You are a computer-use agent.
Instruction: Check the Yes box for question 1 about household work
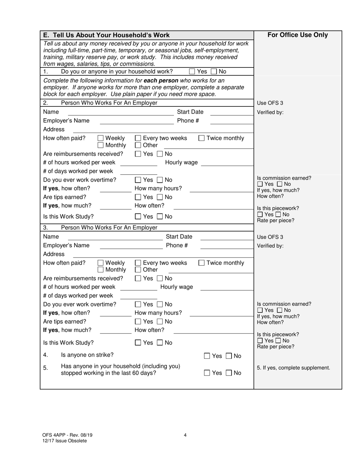[192, 71]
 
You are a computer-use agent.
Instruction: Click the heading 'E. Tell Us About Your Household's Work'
[106, 35]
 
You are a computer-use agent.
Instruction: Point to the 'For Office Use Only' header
[297, 35]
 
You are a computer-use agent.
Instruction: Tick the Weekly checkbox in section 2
[101, 138]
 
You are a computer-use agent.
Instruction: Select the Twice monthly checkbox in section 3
[202, 263]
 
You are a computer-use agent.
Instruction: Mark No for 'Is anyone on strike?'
[229, 356]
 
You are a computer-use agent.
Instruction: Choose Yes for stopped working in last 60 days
[207, 373]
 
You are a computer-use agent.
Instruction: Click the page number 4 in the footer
[185, 435]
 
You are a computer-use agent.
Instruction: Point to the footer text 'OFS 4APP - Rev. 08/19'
[67, 435]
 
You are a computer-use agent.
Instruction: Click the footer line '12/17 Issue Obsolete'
[64, 441]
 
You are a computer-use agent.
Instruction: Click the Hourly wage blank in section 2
[227, 163]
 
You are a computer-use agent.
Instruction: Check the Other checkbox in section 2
[138, 145]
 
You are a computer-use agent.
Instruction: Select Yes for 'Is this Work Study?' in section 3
[138, 343]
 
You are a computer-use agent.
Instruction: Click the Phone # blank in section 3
[226, 246]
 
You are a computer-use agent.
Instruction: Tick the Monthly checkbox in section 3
[101, 270]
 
